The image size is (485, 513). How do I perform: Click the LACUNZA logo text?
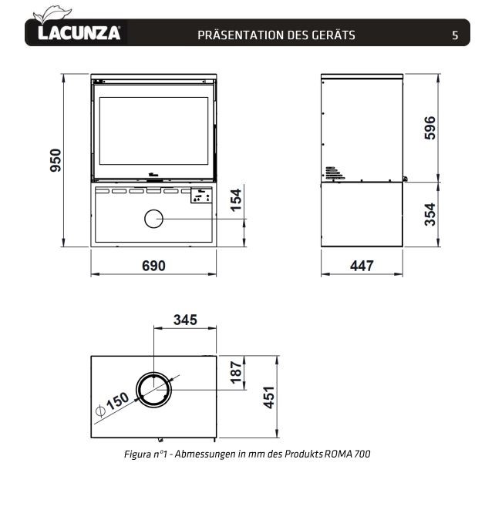click(79, 33)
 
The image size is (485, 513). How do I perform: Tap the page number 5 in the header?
click(455, 35)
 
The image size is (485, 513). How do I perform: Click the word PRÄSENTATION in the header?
click(241, 35)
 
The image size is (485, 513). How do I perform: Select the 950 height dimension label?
click(56, 160)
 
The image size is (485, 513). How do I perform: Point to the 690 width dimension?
click(153, 266)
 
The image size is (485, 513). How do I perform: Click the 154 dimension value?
click(236, 200)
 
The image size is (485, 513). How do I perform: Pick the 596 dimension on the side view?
click(430, 128)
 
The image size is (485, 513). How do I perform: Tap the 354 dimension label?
click(430, 215)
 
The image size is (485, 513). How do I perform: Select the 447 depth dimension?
click(362, 266)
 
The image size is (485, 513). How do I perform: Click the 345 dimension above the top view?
click(185, 320)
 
